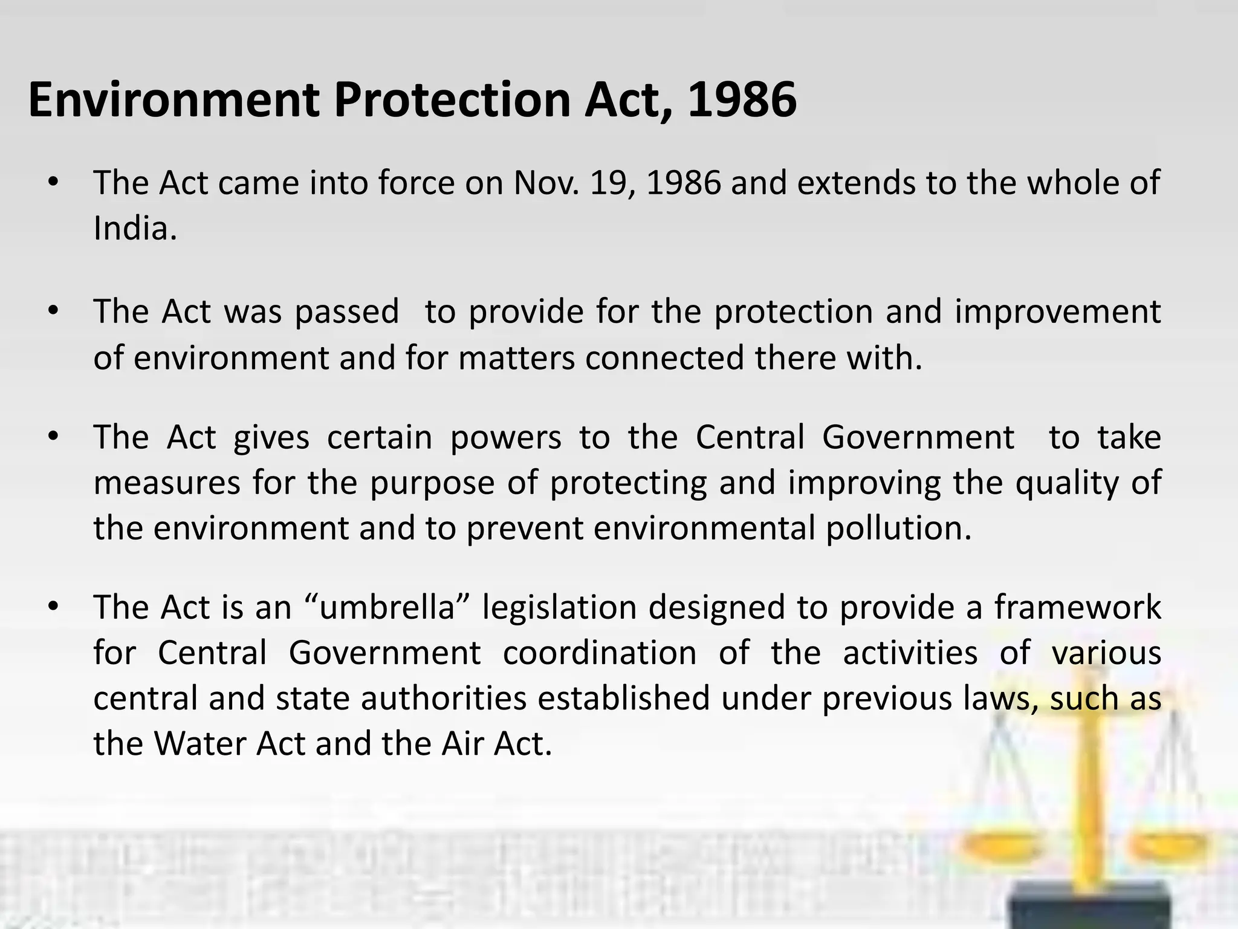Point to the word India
[x=135, y=229]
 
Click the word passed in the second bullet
[x=347, y=312]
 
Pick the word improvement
[x=1058, y=312]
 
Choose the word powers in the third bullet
[x=505, y=437]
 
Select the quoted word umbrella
[x=387, y=607]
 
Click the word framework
[x=1078, y=607]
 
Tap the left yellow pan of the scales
[x=997, y=847]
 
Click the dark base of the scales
[x=1088, y=907]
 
